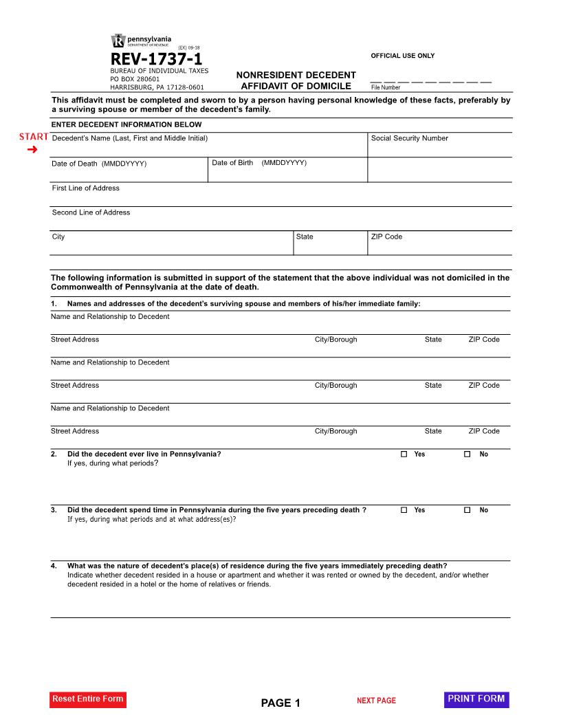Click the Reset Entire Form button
pos(88,699)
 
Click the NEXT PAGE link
pos(376,701)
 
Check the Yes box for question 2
pos(404,454)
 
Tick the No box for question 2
pos(467,454)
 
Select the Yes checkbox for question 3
pos(404,510)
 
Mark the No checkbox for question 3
pos(467,510)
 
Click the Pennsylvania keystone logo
pos(118,41)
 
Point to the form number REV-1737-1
pos(156,60)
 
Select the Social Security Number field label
pos(409,138)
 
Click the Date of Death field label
pos(99,164)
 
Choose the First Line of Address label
pos(86,188)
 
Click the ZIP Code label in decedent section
pos(386,236)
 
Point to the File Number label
pos(386,87)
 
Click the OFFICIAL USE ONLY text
pos(403,56)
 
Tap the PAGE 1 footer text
pos(280,703)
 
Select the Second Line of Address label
pos(91,212)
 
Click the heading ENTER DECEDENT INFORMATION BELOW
pos(126,124)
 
